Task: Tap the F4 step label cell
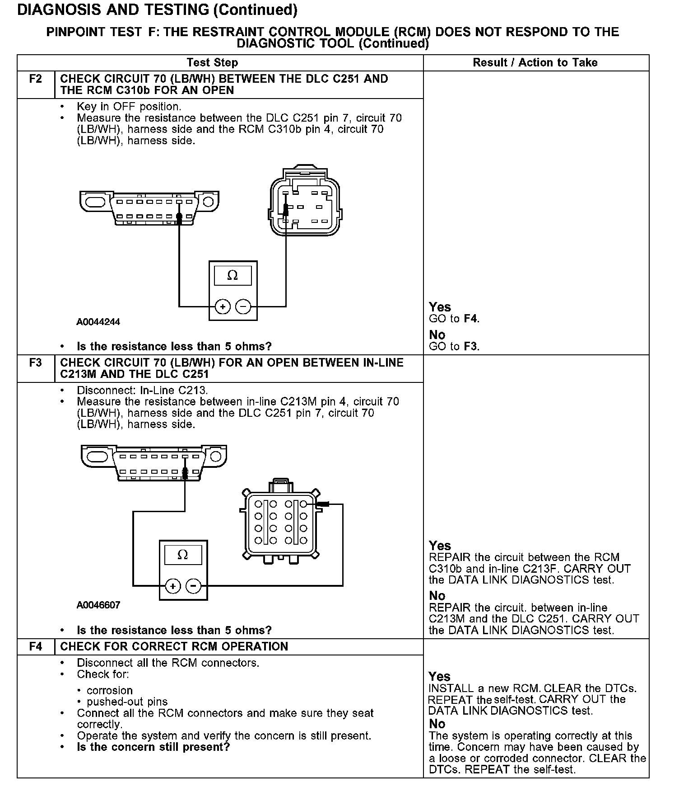pos(35,647)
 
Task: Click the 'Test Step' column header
pos(212,63)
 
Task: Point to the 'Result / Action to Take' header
pos(535,63)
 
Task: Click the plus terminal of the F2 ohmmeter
pos(222,307)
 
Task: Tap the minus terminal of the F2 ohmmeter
pos(243,307)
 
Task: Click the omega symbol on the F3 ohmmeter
pos(183,555)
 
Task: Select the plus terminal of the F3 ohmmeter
pos(172,586)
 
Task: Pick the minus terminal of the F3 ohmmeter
pos(194,586)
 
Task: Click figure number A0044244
pos(98,322)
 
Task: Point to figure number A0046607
pos(98,605)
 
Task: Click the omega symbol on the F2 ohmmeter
pos(233,275)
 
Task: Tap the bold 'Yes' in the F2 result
pos(440,307)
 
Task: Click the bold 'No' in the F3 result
pos(437,596)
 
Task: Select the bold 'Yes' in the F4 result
pos(439,677)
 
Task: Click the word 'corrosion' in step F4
pos(110,691)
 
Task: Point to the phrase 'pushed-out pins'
pos(127,702)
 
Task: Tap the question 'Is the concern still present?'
pos(153,747)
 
